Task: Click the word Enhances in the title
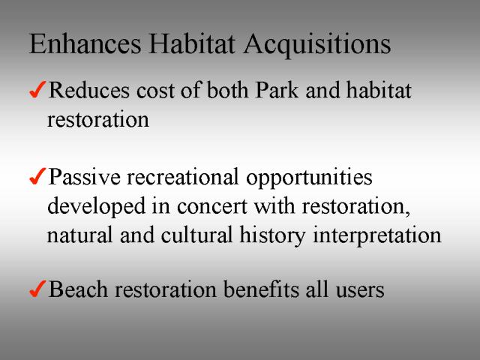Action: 85,44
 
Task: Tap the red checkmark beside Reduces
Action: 37,89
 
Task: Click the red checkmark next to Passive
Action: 37,176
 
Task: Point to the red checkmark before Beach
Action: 37,289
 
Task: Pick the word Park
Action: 277,90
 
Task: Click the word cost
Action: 155,91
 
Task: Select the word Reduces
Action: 89,90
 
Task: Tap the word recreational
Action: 182,177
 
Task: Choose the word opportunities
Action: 309,179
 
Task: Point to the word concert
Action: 211,207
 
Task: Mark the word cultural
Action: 196,235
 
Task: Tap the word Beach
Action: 78,289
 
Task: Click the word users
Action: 360,291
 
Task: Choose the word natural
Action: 80,235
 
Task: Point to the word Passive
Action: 85,177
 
